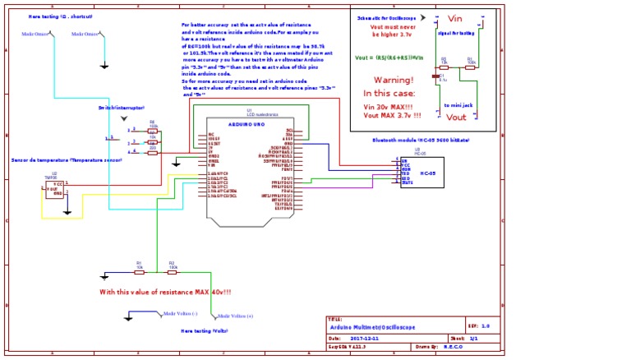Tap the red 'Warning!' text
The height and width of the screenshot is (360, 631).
coord(393,81)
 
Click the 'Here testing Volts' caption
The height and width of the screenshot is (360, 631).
coord(204,331)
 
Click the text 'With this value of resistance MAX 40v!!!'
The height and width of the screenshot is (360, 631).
coord(165,292)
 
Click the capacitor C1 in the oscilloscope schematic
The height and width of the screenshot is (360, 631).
coord(435,77)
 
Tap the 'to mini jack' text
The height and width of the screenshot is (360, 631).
coord(458,105)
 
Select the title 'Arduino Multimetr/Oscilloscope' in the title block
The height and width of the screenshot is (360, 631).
coord(371,327)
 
